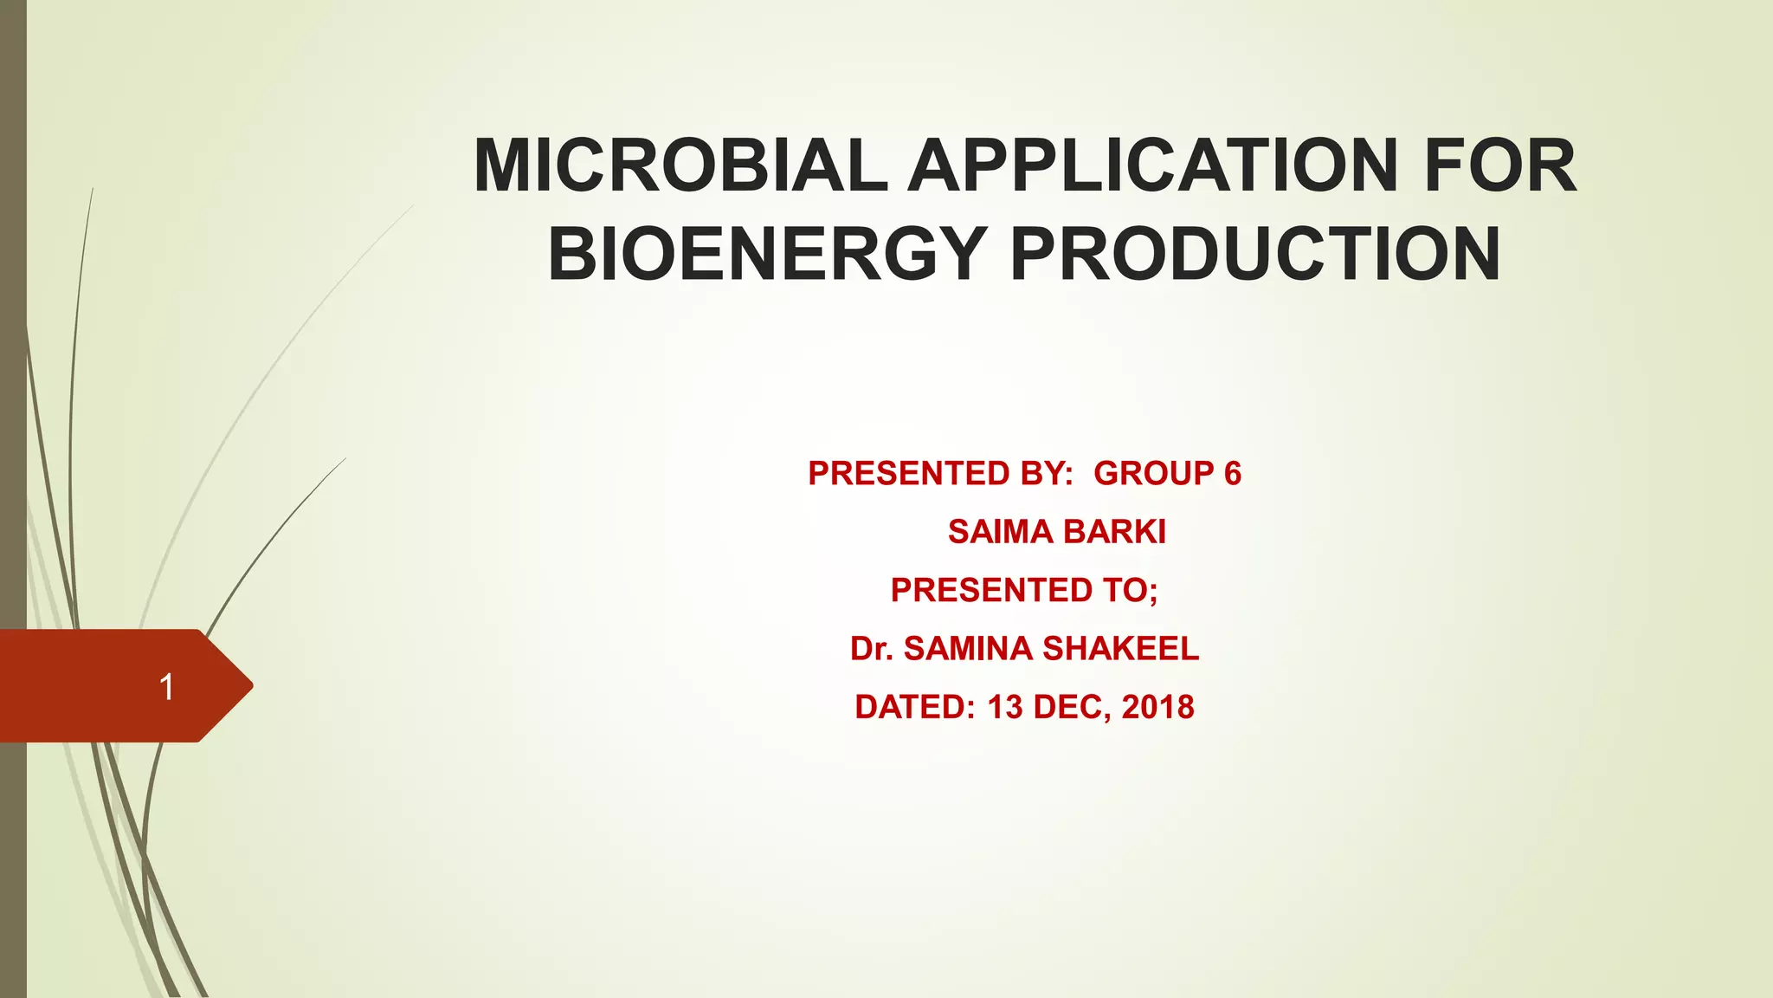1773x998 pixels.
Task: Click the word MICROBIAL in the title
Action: (x=680, y=165)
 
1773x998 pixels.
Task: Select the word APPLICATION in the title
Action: (x=1152, y=165)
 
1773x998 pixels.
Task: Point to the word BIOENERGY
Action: (x=767, y=254)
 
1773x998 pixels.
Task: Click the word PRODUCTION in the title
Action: (x=1255, y=254)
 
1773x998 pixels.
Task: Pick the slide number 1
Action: (x=166, y=687)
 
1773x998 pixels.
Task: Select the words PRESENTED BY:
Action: (x=940, y=474)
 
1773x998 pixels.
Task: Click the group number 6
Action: (x=1233, y=474)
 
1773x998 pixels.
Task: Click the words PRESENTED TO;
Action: (x=1024, y=590)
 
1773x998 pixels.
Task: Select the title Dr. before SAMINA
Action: (x=871, y=649)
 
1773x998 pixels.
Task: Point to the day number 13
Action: (x=1005, y=707)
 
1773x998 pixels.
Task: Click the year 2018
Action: (x=1157, y=707)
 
